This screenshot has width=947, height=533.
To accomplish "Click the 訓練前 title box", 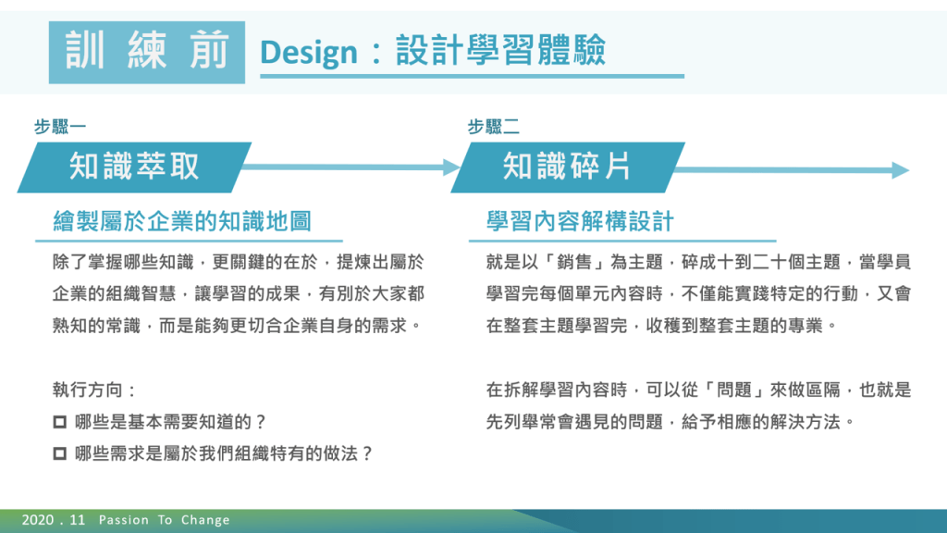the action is (x=147, y=52).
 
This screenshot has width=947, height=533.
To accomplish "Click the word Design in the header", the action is (x=309, y=53).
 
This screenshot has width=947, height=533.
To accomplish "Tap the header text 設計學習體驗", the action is (x=500, y=50).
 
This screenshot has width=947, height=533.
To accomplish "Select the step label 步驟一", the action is (x=60, y=127).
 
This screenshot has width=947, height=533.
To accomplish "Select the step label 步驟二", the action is (x=494, y=127).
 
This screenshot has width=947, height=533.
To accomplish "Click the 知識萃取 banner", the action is (x=134, y=167).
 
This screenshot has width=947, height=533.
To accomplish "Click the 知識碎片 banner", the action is (x=568, y=167).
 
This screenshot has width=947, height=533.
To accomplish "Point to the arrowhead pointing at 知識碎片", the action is (x=451, y=167).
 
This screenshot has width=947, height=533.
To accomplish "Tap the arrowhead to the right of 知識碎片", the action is (x=900, y=170).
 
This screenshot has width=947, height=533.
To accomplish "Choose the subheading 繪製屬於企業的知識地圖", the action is (x=182, y=222).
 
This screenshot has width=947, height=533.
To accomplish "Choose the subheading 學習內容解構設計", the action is (x=580, y=222).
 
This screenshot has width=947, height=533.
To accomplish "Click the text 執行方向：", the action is (x=95, y=390).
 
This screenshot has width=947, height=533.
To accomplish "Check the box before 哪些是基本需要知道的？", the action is (x=60, y=422).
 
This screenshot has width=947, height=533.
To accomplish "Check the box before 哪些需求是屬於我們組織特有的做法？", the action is (x=60, y=453).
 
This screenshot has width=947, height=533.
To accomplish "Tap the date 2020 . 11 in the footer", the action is (x=53, y=520).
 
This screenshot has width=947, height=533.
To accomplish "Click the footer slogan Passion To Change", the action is (x=165, y=520).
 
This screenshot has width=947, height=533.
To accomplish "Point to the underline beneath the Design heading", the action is (x=473, y=76).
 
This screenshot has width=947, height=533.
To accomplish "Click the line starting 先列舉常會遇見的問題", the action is (x=670, y=422).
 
